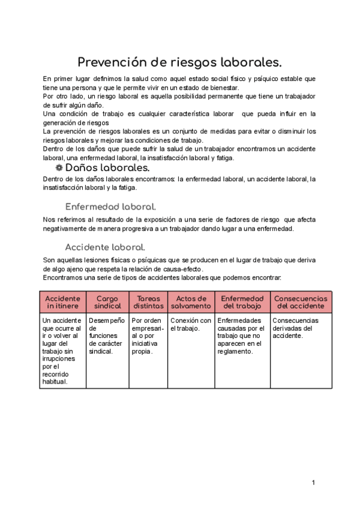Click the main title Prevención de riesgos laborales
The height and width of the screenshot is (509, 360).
click(180, 62)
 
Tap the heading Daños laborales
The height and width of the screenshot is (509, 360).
click(107, 167)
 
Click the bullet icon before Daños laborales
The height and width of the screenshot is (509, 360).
click(58, 167)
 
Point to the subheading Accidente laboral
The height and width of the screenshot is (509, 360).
click(105, 247)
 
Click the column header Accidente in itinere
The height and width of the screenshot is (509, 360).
click(62, 302)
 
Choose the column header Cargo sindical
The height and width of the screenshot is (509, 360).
click(107, 302)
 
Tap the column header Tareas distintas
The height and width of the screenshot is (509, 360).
click(148, 302)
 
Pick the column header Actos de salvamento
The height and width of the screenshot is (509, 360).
click(191, 302)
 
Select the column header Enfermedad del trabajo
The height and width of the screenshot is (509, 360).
click(242, 302)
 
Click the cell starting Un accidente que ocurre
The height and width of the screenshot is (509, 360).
click(62, 351)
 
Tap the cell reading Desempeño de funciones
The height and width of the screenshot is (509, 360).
click(107, 336)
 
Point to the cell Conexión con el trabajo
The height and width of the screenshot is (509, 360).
click(191, 325)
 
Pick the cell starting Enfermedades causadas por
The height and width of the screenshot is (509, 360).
click(241, 336)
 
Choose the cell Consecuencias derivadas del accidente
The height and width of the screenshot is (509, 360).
click(299, 328)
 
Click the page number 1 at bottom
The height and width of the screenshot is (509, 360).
click(313, 483)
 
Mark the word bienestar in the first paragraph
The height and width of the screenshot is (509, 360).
click(221, 88)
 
